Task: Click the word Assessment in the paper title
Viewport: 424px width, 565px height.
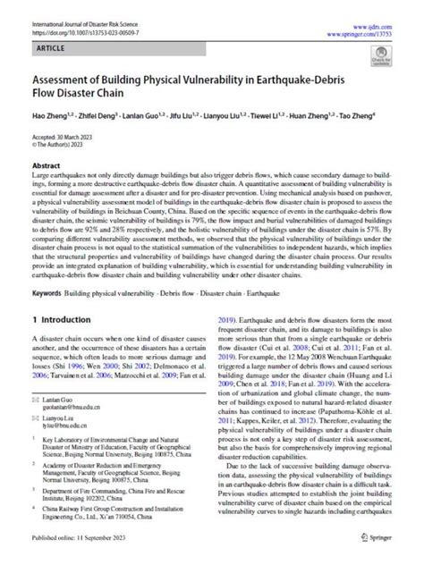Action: pyautogui.click(x=69, y=77)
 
